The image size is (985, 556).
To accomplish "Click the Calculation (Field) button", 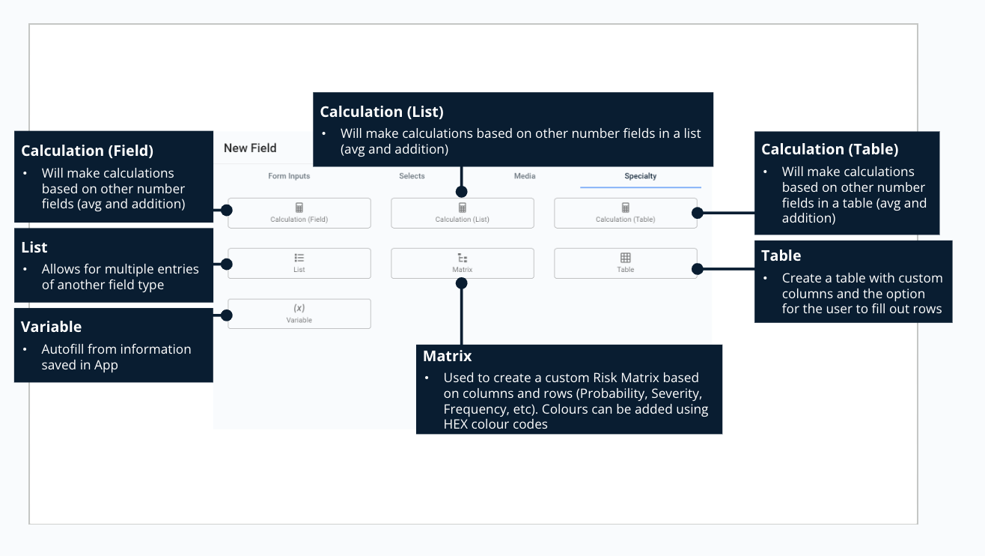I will pos(299,213).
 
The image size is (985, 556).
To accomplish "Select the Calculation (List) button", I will pos(463,213).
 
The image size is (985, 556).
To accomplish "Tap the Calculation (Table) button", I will pos(626,213).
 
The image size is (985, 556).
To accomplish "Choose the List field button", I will pos(299,263).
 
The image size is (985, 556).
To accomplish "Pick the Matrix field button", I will pos(463,263).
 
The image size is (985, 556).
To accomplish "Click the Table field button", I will pos(626,263).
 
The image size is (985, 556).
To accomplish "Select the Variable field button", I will pos(299,313).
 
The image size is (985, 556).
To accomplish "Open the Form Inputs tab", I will pos(289,176).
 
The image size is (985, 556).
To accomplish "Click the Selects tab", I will pos(412,176).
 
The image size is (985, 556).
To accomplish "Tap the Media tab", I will pos(525,176).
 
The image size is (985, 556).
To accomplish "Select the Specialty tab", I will pos(641,176).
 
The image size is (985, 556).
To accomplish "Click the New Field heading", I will pos(250,148).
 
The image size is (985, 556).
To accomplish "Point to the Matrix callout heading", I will pos(448,356).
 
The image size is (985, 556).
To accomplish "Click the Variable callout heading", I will pos(52,327).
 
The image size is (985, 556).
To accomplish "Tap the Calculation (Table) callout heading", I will pos(829,149).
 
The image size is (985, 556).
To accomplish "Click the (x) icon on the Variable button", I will pos(299,308).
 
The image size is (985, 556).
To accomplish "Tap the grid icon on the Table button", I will pos(626,258).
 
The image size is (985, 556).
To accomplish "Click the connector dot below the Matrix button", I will pos(462,283).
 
